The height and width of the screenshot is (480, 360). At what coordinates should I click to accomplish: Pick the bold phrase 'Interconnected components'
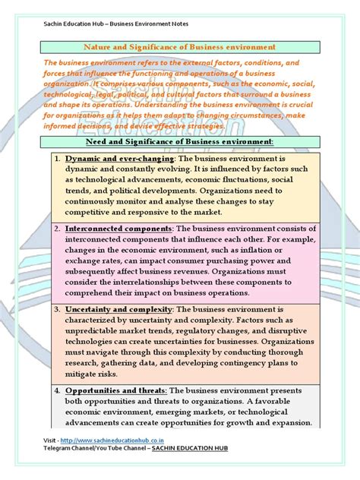pos(120,229)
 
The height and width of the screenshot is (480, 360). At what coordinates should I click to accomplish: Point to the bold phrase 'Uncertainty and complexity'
pos(119,310)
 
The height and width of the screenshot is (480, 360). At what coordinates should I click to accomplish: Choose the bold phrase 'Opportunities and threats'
pos(117,390)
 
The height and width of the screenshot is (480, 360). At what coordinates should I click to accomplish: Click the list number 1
pos(57,157)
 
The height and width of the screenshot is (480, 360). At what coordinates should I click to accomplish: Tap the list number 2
pos(57,229)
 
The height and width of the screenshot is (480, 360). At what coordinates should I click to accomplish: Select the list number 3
pos(57,310)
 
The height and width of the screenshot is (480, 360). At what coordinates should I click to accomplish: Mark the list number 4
pos(57,390)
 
